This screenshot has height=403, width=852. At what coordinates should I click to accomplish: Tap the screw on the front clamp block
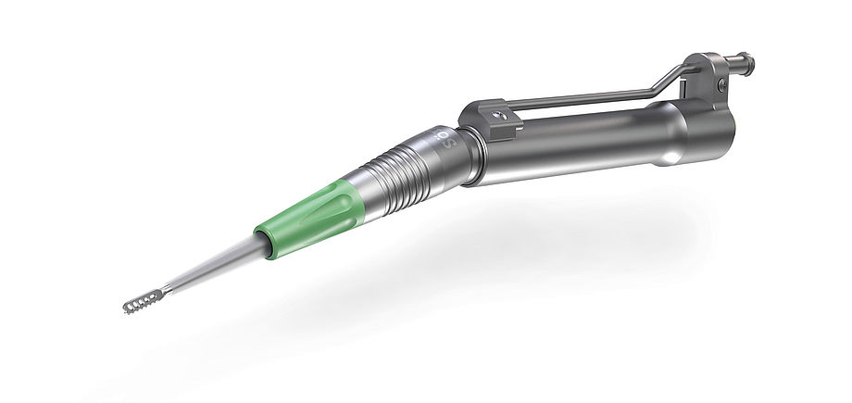500,115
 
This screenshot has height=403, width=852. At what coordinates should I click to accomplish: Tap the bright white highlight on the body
665,160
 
